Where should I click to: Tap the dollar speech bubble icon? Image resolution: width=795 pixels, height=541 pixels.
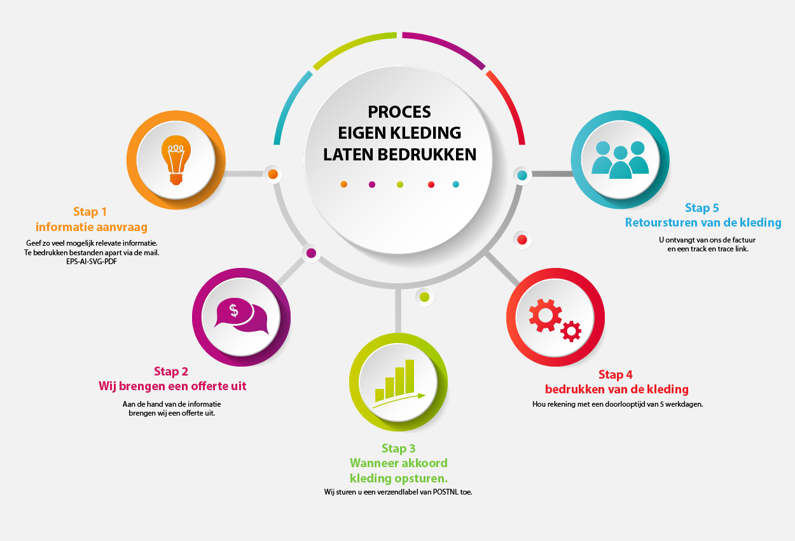[241, 316]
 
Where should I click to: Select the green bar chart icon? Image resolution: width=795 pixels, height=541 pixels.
[397, 381]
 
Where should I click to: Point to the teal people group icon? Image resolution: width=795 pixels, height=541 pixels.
[619, 158]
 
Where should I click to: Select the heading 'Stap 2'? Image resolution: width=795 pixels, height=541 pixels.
[171, 372]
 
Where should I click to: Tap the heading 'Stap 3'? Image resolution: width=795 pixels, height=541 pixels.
[399, 449]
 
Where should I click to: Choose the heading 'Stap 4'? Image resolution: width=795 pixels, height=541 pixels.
[616, 375]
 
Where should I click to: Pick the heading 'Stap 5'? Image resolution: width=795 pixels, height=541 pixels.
[702, 208]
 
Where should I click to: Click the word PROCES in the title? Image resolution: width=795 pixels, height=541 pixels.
[399, 112]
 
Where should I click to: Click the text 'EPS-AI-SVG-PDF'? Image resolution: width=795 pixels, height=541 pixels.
[92, 260]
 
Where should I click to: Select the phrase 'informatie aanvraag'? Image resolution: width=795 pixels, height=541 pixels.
[92, 227]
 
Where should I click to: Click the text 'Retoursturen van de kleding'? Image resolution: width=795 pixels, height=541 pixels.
[703, 223]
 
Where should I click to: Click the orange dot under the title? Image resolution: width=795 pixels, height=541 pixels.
[344, 185]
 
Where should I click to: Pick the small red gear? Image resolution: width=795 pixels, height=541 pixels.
[572, 330]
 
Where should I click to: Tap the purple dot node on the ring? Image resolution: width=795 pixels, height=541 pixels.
[311, 253]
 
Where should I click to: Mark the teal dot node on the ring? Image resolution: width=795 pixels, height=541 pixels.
[522, 175]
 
